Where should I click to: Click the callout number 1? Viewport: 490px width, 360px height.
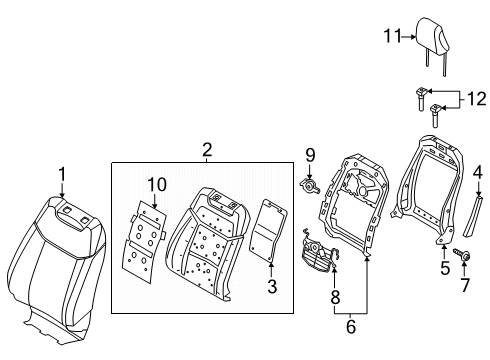[61, 175]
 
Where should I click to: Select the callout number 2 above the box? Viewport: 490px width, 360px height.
[207, 150]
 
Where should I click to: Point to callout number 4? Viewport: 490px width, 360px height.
[478, 172]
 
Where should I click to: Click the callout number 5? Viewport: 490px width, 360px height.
[445, 267]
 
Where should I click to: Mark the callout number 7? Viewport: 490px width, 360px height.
[463, 287]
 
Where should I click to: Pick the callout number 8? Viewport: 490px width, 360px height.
[335, 296]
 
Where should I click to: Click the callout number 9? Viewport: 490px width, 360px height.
[310, 154]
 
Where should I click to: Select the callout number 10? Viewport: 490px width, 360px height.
[155, 184]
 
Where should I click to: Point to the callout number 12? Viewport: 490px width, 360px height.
[478, 99]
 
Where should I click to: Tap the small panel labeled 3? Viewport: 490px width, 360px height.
[267, 231]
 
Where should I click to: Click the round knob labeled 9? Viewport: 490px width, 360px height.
[310, 186]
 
